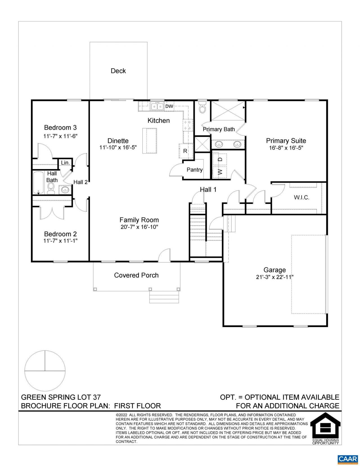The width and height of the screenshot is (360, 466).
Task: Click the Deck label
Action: [x=118, y=71]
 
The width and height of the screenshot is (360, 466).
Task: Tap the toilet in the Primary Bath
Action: [x=202, y=107]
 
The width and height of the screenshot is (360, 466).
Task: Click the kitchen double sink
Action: [x=157, y=106]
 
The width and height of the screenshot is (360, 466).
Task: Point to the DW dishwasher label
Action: [x=169, y=106]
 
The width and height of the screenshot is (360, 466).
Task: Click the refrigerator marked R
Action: [x=185, y=151]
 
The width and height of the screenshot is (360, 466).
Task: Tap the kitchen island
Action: [x=149, y=141]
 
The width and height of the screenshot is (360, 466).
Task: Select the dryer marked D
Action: [x=220, y=159]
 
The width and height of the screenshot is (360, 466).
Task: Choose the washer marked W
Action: [x=220, y=172]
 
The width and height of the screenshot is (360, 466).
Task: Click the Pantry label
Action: [x=194, y=170]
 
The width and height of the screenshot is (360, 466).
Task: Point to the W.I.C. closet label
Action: [x=301, y=197]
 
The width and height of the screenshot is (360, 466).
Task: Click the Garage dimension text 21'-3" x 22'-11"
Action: [x=275, y=277]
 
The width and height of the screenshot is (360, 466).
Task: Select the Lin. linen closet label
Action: [x=66, y=163]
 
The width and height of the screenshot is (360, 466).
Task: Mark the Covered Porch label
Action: [x=136, y=275]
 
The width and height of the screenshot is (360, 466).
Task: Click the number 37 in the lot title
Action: [x=97, y=397]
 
